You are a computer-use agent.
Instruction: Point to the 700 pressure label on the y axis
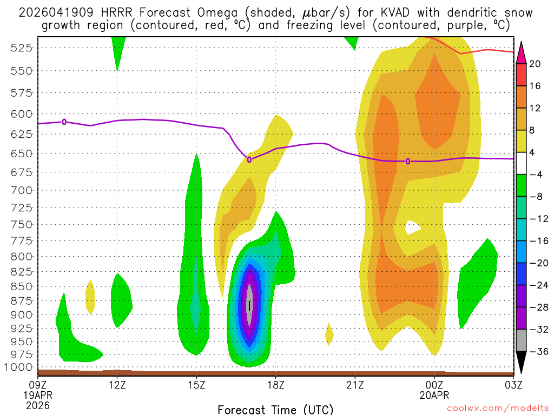click(21, 190)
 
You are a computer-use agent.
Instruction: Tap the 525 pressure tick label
click(21, 48)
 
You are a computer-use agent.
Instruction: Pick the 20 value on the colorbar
click(535, 64)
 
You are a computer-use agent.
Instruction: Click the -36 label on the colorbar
click(538, 351)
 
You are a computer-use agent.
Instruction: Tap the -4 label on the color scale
click(536, 174)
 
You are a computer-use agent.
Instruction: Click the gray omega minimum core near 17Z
click(249, 305)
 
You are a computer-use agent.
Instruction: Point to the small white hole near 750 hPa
click(414, 226)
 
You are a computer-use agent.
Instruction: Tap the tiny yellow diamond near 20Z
click(329, 336)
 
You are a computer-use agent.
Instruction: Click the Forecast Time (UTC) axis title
click(275, 409)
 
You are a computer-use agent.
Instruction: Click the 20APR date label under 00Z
click(434, 394)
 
